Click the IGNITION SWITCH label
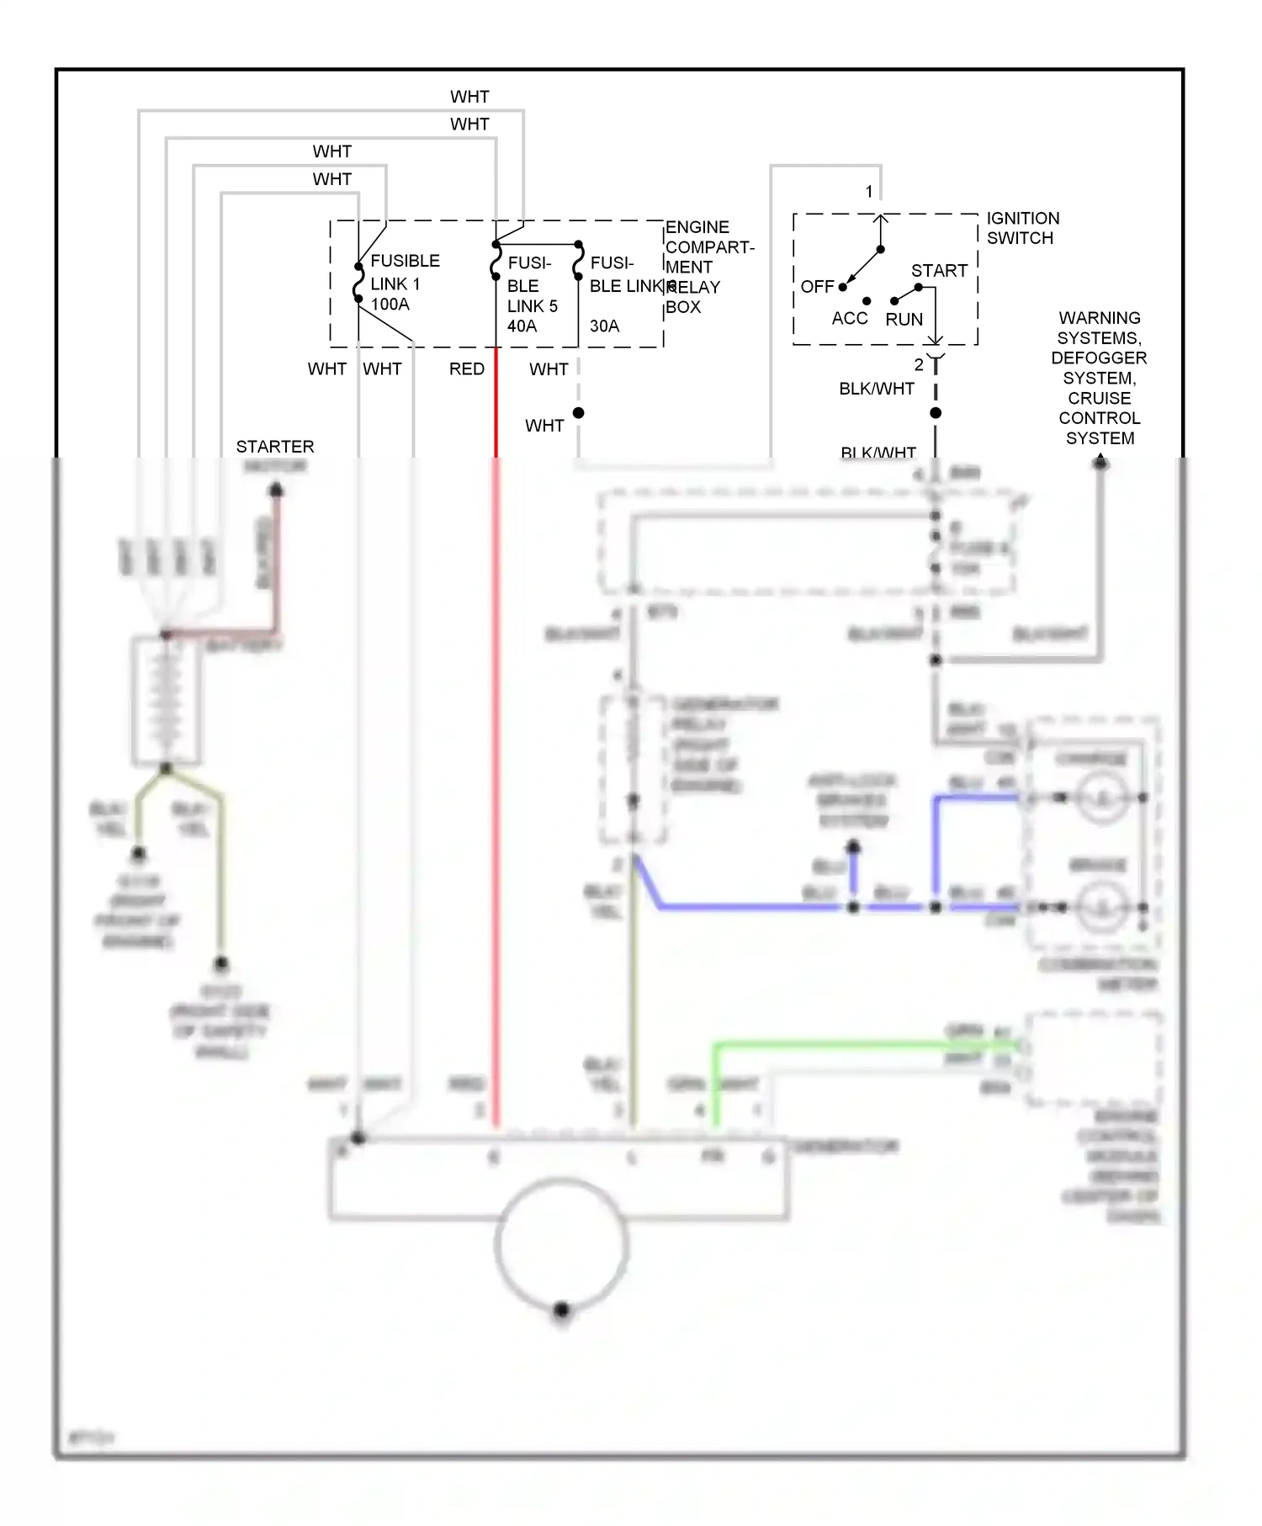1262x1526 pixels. [1022, 228]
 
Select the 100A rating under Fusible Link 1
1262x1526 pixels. [390, 305]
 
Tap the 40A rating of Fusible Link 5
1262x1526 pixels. [522, 326]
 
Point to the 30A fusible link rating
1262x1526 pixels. [604, 326]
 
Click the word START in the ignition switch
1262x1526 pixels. [939, 271]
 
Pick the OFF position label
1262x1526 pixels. [817, 287]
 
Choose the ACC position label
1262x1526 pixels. [849, 319]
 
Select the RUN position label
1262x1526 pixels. [904, 320]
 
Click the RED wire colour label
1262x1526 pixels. [466, 369]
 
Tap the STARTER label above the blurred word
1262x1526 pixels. [274, 447]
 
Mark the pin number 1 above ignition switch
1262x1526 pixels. [869, 192]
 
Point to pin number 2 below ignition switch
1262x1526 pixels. [919, 365]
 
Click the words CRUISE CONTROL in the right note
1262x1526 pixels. [1099, 408]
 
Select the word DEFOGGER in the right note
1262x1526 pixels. [1098, 358]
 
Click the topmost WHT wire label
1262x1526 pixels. [469, 97]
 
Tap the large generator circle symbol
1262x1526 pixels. [561, 1245]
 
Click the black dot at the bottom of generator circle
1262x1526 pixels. [562, 1310]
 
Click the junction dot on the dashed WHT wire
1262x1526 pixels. [579, 413]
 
